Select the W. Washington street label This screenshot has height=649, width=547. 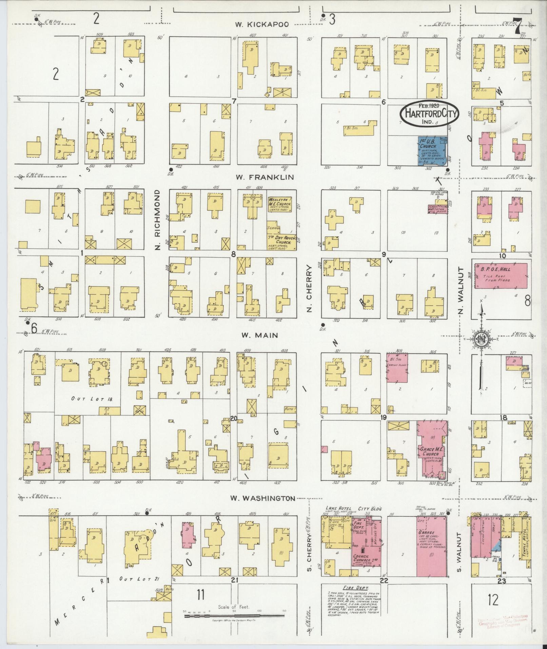point(262,498)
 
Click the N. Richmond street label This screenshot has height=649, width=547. point(158,221)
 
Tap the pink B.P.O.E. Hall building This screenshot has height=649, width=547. point(500,275)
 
